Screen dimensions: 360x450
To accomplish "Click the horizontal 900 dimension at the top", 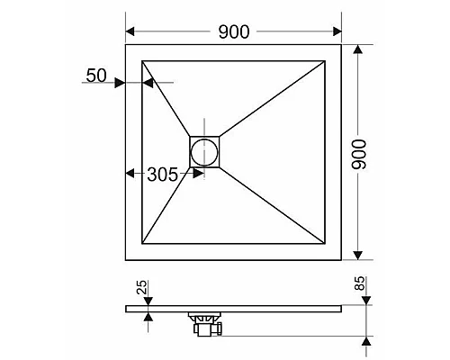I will [234, 31].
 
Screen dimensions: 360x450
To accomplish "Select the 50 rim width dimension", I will [96, 76].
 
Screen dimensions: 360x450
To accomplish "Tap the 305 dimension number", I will [162, 175].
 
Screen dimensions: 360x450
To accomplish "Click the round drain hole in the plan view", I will [205, 150].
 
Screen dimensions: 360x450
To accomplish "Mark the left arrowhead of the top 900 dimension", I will [130, 31].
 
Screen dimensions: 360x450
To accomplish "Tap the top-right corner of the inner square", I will [325, 61].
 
